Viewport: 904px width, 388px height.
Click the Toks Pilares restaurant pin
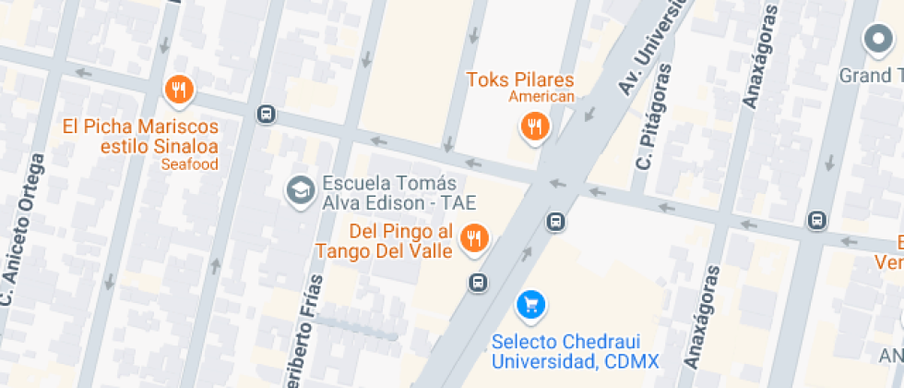533,126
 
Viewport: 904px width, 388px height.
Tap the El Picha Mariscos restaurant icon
178,91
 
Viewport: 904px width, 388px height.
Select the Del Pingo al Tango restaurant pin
474,238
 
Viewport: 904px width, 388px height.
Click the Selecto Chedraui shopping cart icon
530,303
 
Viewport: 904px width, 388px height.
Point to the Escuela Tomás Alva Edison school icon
299,191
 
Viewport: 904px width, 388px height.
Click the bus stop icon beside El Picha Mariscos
266,114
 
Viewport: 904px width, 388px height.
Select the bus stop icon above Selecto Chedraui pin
555,222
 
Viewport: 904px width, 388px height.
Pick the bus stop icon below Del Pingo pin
477,282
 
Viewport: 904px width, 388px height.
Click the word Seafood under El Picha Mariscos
189,164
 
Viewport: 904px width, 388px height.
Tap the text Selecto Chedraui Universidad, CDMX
575,351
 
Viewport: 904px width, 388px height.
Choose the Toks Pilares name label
520,79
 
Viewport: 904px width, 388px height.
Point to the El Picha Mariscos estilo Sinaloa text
140,136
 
